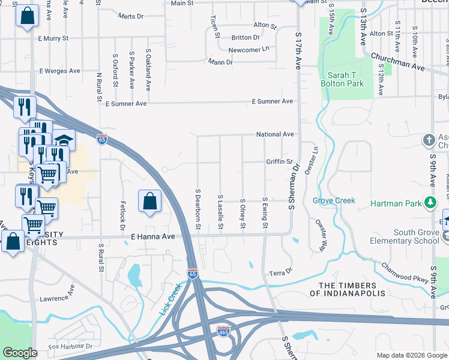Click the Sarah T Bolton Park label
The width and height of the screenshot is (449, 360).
pos(342,79)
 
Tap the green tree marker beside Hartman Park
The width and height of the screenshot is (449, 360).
pos(430,203)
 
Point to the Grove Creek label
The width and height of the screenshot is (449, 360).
pos(334,200)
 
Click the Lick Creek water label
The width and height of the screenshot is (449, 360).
pos(170,300)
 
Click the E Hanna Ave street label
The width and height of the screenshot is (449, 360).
pos(152,237)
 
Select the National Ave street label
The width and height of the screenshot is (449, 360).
pos(275,134)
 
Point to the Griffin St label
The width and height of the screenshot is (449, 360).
pos(279,162)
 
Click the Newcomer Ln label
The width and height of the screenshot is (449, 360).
pos(249,50)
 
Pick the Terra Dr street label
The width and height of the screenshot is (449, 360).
pos(280,272)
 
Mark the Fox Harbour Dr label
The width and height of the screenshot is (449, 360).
pos(71,346)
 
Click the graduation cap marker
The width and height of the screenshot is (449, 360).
pos(63,140)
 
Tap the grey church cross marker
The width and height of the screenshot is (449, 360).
pos(429,140)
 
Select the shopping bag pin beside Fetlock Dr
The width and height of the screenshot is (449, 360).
pos(149,202)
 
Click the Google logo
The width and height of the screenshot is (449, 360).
pos(20,353)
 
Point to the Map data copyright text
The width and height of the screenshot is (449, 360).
pos(412,355)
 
